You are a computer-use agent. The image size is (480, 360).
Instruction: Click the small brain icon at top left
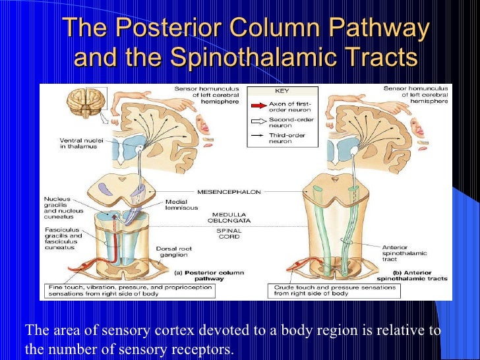pyautogui.click(x=85, y=105)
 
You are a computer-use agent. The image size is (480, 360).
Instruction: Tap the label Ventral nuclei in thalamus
pyautogui.click(x=78, y=143)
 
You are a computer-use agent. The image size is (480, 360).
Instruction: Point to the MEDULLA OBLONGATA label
pyautogui.click(x=233, y=218)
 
